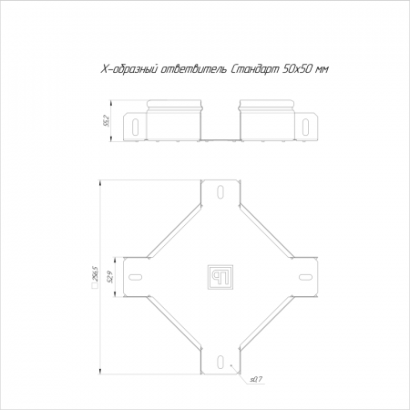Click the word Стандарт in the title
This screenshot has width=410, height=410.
click(x=255, y=70)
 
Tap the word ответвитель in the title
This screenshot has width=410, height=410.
click(x=193, y=70)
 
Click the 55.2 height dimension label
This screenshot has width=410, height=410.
click(x=107, y=120)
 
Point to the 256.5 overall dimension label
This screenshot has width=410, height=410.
click(x=94, y=273)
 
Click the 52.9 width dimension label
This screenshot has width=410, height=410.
click(x=110, y=277)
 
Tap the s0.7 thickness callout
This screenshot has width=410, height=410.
click(x=256, y=379)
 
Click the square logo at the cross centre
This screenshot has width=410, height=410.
click(x=220, y=277)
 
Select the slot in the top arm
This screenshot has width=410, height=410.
click(x=220, y=191)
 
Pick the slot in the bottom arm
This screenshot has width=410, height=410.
click(x=220, y=362)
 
